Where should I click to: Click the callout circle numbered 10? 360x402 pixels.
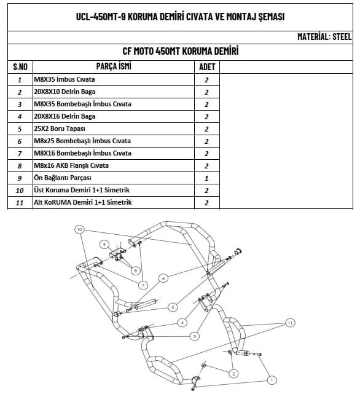(79, 229)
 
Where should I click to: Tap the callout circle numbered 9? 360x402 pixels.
(104, 244)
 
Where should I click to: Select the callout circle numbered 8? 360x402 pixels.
(136, 270)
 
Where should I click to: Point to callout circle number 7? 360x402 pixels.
(143, 285)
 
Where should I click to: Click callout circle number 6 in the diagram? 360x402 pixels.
(163, 278)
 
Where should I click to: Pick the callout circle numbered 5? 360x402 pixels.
(173, 307)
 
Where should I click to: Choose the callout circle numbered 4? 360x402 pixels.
(182, 323)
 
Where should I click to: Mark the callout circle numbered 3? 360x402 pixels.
(195, 336)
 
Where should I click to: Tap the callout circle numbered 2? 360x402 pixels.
(233, 374)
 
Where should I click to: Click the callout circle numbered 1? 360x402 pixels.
(272, 380)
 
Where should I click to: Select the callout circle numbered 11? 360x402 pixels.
(290, 323)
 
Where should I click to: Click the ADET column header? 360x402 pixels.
(207, 67)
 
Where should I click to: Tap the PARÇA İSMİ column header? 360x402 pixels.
(114, 66)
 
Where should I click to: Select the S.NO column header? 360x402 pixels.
(20, 67)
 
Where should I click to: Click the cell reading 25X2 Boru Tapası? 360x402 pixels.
(60, 128)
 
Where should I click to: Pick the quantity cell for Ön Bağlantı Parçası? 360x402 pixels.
(207, 178)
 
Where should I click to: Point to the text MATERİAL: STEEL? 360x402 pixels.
(324, 37)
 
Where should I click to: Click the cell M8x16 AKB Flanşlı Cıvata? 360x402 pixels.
(71, 165)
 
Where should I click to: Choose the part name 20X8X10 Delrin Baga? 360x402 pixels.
(65, 92)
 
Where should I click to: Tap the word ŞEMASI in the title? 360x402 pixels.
(272, 17)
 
